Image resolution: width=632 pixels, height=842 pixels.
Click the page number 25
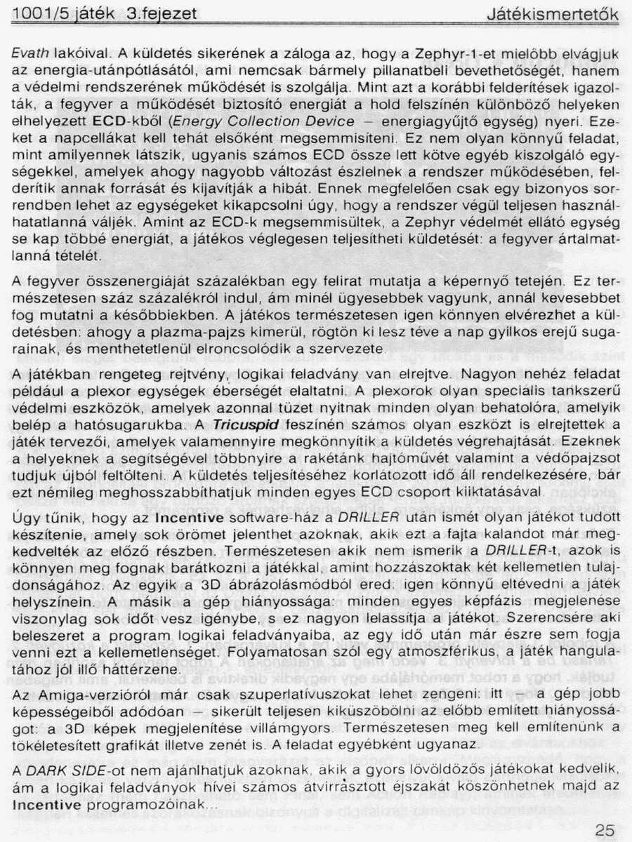604,829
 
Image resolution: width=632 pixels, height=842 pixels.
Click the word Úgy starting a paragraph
23,517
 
